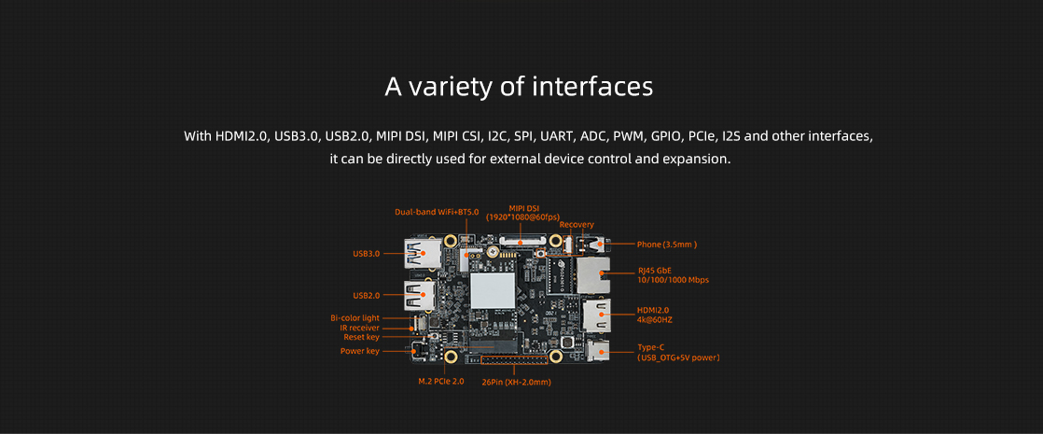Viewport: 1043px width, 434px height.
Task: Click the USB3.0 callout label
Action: (x=367, y=254)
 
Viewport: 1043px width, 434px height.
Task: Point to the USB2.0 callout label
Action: (x=367, y=295)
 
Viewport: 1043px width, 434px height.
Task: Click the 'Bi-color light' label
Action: (x=355, y=318)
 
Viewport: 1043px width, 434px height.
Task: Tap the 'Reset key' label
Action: (x=361, y=337)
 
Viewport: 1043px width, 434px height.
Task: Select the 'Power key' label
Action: (x=360, y=351)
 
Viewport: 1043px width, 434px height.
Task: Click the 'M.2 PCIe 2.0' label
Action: (x=441, y=382)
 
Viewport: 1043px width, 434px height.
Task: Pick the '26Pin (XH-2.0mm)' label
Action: (x=516, y=382)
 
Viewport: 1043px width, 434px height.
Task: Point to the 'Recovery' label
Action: (x=577, y=224)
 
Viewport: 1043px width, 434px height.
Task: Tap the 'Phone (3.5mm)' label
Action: (x=666, y=245)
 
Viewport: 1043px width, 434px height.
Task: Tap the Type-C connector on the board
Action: (x=599, y=350)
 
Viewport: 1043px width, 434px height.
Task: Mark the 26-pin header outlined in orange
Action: (x=515, y=359)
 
